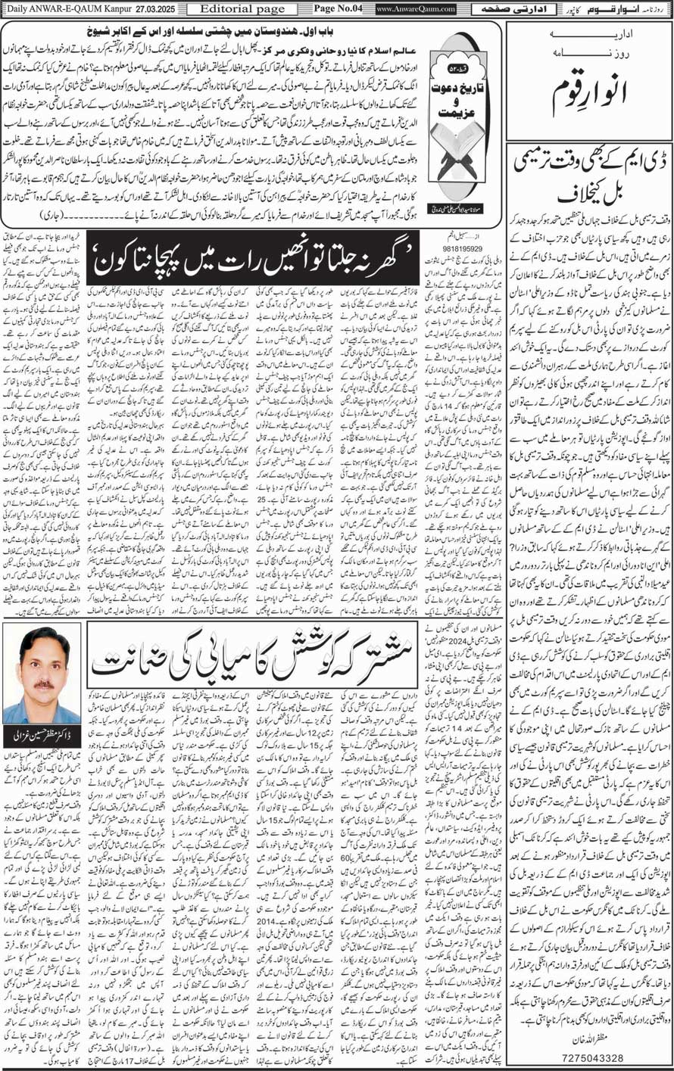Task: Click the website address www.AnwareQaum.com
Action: coord(416,9)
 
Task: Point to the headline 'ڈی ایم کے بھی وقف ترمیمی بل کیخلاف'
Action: coord(588,179)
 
